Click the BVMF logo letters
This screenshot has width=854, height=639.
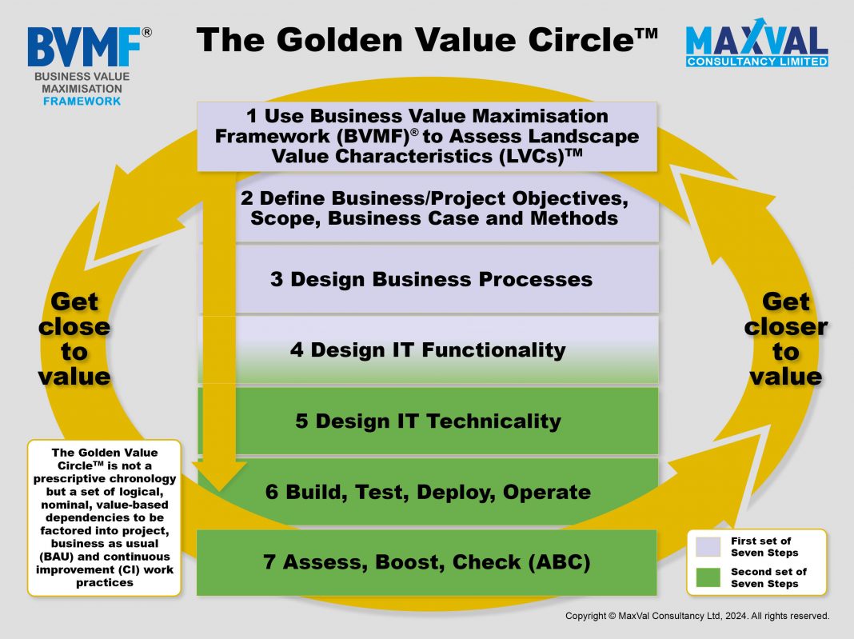85,48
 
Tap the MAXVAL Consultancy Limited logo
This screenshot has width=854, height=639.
757,43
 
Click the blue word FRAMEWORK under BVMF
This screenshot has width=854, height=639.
82,102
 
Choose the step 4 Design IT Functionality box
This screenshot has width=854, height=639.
428,349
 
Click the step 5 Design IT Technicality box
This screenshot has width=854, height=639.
428,421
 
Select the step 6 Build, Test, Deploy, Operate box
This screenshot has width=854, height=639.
428,492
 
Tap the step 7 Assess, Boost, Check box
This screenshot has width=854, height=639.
427,562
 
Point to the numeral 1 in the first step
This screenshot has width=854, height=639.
252,116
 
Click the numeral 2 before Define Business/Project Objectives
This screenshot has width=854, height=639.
247,198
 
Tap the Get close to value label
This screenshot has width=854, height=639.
74,339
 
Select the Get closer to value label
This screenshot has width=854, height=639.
785,339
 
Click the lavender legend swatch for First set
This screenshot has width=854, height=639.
708,546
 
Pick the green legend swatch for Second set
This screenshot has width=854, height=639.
708,577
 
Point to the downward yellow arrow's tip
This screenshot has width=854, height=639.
219,491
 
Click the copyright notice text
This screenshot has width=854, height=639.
697,616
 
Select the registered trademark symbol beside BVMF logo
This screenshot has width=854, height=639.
146,33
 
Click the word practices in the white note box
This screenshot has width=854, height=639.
105,583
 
